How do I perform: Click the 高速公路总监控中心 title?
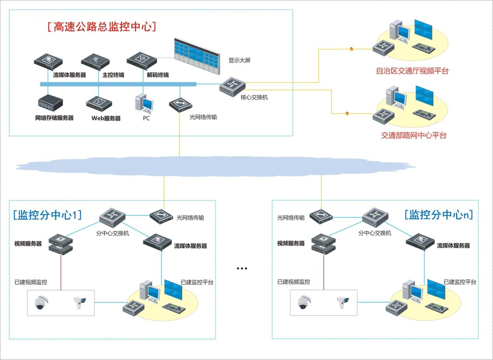(102, 26)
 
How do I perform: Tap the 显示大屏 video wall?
(197, 55)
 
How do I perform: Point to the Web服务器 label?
(106, 118)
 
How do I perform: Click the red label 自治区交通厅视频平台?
(412, 71)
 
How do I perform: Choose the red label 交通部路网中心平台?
(413, 135)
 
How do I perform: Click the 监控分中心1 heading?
(47, 215)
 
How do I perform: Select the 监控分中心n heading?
(439, 215)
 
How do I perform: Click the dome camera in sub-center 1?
(40, 302)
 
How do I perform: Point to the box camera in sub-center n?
(343, 302)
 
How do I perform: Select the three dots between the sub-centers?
(242, 268)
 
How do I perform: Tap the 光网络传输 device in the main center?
(181, 105)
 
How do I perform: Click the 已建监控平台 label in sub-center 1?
(197, 282)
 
